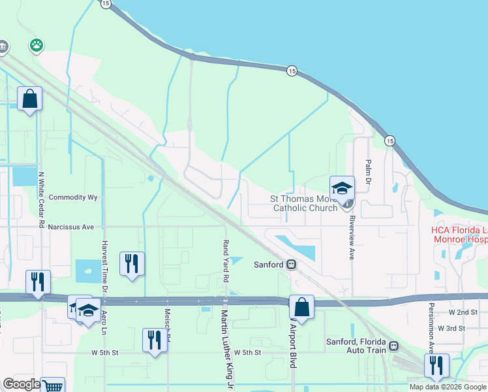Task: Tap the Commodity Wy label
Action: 73,197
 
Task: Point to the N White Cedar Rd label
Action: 41,200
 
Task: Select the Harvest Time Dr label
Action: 104,266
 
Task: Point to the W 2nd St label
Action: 454,313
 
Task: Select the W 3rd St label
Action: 451,327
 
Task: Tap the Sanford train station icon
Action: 292,265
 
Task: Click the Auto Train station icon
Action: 393,346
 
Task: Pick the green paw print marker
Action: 35,46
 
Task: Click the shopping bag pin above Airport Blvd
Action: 301,306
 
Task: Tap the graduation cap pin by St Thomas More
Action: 341,188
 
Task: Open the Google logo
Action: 22,384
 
